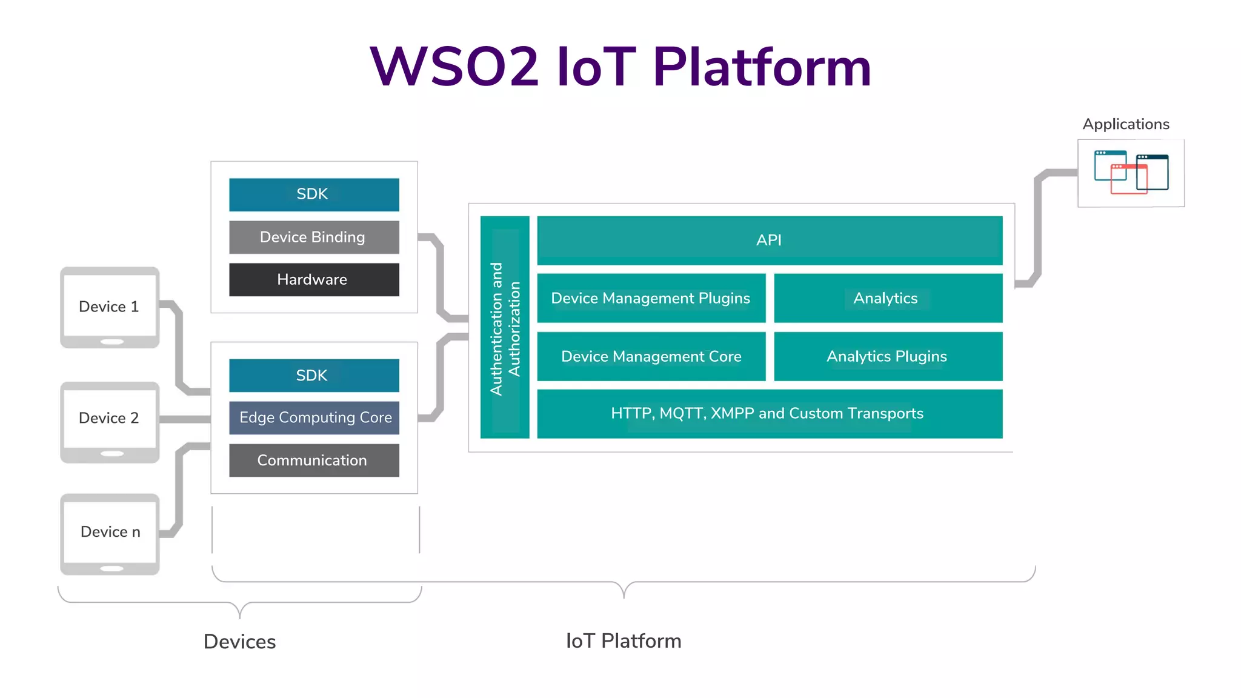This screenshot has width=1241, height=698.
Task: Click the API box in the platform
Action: coord(769,240)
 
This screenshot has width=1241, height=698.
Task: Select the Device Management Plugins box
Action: coord(651,298)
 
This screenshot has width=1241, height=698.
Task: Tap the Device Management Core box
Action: coord(651,356)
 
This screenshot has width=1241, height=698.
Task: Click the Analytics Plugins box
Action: coord(887,356)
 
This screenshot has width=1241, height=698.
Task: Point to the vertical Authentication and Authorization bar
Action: coord(504,327)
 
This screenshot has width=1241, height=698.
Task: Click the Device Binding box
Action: coord(313,237)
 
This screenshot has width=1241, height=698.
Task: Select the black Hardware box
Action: coord(313,279)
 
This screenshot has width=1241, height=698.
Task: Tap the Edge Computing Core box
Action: coord(313,417)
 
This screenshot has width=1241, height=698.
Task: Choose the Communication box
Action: coord(313,460)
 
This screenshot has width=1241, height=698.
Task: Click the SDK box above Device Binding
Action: coord(313,194)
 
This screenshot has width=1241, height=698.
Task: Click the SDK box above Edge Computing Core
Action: coord(313,375)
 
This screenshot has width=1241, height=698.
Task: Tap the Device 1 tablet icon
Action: coord(110,307)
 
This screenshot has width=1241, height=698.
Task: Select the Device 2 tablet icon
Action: coord(110,422)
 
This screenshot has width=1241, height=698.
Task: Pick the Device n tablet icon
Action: coord(110,534)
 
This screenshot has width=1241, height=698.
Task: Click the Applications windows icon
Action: coord(1131,173)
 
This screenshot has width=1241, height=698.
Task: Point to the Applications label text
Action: coord(1126,124)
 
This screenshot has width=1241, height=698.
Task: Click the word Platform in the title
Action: coord(762,67)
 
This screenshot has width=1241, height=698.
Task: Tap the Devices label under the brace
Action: coord(239,642)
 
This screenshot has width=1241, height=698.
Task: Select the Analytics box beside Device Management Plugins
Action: coord(887,298)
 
